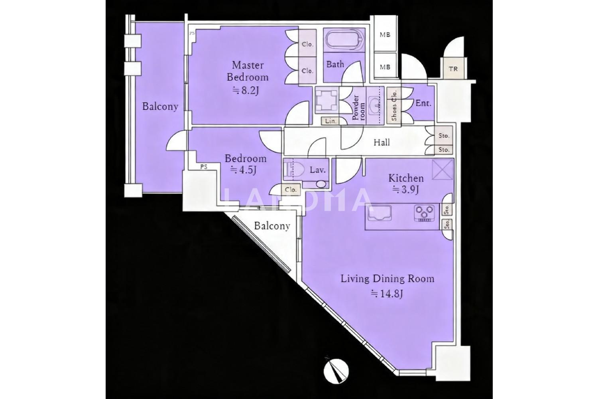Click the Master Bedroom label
248,71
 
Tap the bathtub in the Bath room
344,40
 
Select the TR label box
453,69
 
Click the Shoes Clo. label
394,106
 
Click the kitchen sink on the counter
380,213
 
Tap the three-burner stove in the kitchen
424,213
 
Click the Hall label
382,143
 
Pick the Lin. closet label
330,121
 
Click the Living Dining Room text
388,279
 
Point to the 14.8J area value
388,294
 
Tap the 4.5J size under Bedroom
244,170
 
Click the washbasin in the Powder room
375,105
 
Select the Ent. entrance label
423,103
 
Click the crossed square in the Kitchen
443,170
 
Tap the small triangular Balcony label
272,226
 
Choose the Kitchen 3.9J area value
405,190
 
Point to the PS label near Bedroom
204,167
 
